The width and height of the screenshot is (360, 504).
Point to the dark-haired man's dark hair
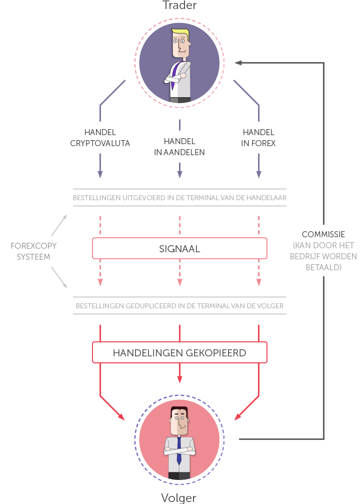click(179, 410)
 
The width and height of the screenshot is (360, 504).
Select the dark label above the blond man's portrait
click(179, 5)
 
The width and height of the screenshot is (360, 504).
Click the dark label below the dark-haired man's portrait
click(178, 499)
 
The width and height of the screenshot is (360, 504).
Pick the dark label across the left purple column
click(100, 138)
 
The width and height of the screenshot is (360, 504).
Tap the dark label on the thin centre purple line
click(179, 147)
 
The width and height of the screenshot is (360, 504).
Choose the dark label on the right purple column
click(258, 138)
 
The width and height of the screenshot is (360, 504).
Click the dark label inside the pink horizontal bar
click(180, 249)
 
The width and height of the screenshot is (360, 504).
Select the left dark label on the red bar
click(147, 353)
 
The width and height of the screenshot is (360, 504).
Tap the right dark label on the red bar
click(216, 353)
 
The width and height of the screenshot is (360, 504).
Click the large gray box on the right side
click(323, 256)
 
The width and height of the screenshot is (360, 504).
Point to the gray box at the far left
click(33, 251)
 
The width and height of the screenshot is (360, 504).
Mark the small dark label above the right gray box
click(323, 234)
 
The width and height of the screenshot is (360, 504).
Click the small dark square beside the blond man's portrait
click(238, 63)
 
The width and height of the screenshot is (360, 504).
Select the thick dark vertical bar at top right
click(318, 122)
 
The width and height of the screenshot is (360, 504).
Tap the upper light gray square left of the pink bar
click(58, 227)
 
